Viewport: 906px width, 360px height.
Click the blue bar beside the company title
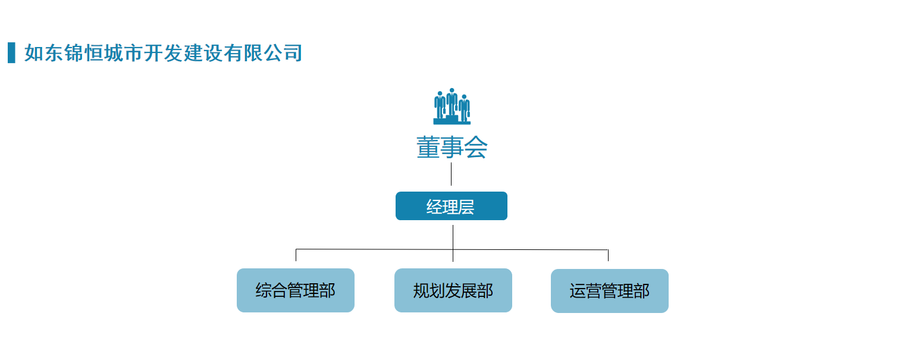[x=11, y=52]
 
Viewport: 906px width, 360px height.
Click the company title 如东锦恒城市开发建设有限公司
[x=163, y=53]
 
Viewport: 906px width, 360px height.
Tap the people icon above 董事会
[x=452, y=106]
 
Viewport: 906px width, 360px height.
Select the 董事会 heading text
[x=452, y=147]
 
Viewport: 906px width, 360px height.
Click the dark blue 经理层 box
[x=452, y=206]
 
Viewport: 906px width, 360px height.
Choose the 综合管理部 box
[x=296, y=290]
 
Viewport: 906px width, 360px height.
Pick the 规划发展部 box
[x=453, y=290]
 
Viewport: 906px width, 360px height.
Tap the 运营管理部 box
[x=610, y=290]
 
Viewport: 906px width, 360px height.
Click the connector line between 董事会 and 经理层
[x=451, y=174]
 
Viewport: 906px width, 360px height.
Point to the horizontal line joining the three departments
[x=452, y=249]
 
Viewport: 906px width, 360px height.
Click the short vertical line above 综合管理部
[x=296, y=255]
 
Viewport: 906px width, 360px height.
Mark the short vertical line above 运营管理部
[x=608, y=255]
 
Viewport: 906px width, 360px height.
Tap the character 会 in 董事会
[x=476, y=147]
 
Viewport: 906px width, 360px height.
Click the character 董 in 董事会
[x=428, y=147]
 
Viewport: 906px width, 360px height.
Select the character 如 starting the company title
[x=33, y=53]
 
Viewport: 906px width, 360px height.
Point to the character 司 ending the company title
[x=293, y=53]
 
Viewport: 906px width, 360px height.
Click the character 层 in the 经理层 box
[x=466, y=206]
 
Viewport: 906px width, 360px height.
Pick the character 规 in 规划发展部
[x=421, y=291]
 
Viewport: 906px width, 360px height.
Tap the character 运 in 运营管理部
[x=578, y=291]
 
